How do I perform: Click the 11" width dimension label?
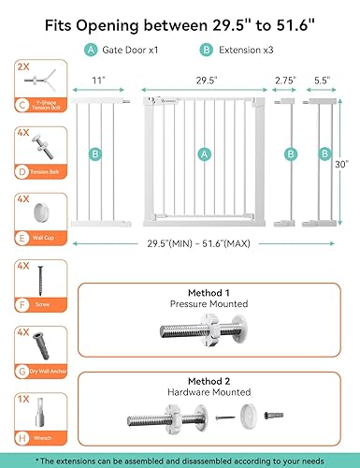(x=98, y=80)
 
